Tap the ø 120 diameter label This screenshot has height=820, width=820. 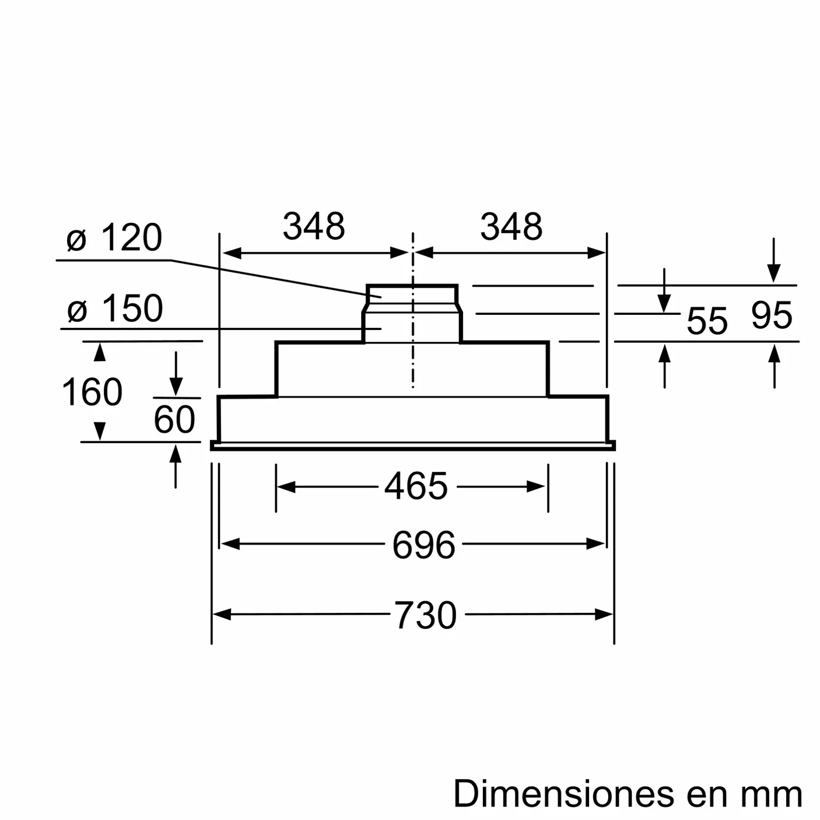coord(114,238)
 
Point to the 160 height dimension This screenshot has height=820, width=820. coord(92,392)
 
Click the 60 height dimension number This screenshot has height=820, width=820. coord(174,419)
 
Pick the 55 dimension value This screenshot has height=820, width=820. coord(707,321)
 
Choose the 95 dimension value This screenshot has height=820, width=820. coord(771,316)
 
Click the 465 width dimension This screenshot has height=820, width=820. coord(416,486)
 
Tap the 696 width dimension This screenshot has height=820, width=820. coord(423,545)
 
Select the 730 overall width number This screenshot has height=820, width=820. coord(425,615)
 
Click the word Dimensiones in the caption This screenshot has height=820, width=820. coord(565,794)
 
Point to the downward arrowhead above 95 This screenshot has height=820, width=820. coord(774,273)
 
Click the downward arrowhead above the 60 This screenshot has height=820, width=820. coord(176,387)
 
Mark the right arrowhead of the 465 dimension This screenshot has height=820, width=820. coord(537,486)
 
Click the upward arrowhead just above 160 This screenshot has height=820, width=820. coord(100,352)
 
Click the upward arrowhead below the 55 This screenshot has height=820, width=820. coord(664,354)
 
